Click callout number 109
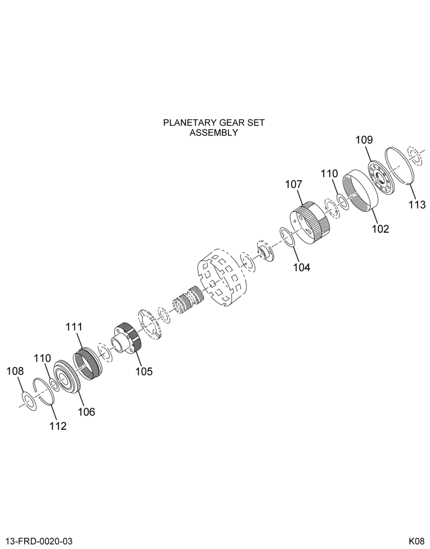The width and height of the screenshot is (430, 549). (364, 140)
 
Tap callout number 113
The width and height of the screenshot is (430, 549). (417, 204)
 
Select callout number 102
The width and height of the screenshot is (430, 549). (380, 229)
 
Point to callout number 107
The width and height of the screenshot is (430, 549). (293, 184)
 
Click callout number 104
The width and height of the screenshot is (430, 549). (302, 267)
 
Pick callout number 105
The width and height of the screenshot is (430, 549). (144, 371)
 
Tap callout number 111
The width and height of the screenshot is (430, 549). (74, 327)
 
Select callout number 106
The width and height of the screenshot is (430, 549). (86, 412)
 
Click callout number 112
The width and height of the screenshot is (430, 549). (58, 426)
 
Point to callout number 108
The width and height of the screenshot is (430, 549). (15, 371)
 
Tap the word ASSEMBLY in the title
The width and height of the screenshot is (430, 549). (214, 133)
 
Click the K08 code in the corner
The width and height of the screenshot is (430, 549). (416, 541)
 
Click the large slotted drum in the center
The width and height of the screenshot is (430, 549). (223, 278)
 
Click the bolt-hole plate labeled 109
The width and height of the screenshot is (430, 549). (381, 178)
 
